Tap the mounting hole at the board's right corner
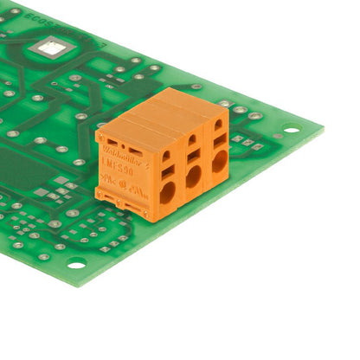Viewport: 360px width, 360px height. point(292,131)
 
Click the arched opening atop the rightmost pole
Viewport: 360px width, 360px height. point(217,123)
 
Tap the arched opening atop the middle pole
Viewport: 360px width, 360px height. point(191,138)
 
